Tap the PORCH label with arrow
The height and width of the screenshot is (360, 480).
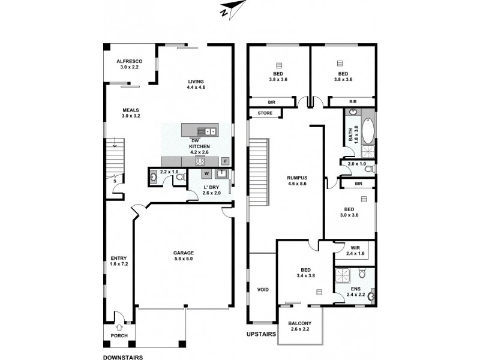(119, 332)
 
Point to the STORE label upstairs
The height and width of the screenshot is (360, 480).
(265, 113)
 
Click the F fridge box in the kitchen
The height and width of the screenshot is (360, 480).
(225, 161)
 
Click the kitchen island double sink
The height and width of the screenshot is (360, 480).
(210, 131)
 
